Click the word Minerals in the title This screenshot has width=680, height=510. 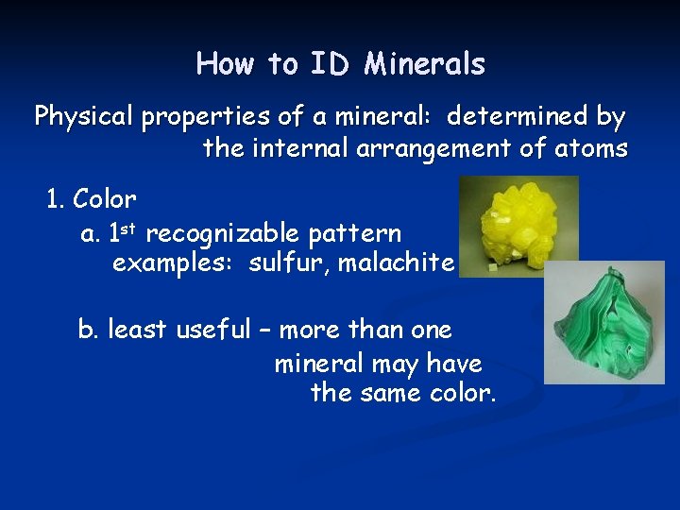pyautogui.click(x=424, y=64)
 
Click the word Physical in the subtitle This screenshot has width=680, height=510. pyautogui.click(x=84, y=118)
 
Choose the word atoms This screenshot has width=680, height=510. pyautogui.click(x=590, y=149)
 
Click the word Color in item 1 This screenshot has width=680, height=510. pyautogui.click(x=104, y=200)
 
